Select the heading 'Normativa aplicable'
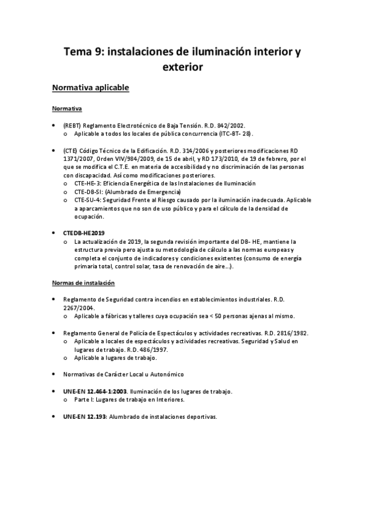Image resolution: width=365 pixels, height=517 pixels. pos(91,88)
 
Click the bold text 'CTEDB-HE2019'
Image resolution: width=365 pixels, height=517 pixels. pos(85,233)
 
